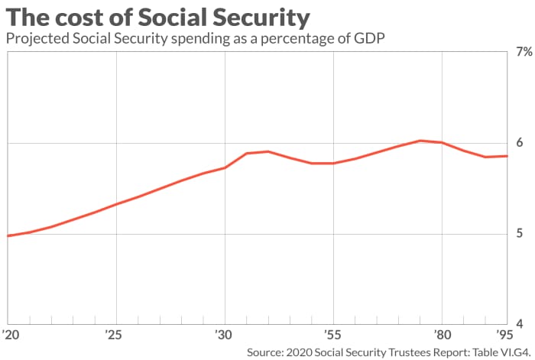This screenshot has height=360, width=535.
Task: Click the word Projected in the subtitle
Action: pyautogui.click(x=37, y=38)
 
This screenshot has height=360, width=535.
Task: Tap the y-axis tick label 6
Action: pyautogui.click(x=520, y=143)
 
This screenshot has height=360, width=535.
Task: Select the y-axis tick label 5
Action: pyautogui.click(x=520, y=234)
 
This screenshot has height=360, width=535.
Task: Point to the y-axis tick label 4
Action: pyautogui.click(x=520, y=324)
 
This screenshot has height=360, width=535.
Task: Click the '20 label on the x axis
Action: pyautogui.click(x=11, y=334)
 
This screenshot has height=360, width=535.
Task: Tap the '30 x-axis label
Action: pyautogui.click(x=224, y=334)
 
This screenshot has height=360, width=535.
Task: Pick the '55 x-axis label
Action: pyautogui.click(x=332, y=334)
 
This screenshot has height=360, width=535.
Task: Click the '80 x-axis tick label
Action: pyautogui.click(x=441, y=334)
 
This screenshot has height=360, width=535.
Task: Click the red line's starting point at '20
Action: pyautogui.click(x=8, y=235)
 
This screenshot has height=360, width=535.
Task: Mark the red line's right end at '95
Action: pyautogui.click(x=507, y=156)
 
